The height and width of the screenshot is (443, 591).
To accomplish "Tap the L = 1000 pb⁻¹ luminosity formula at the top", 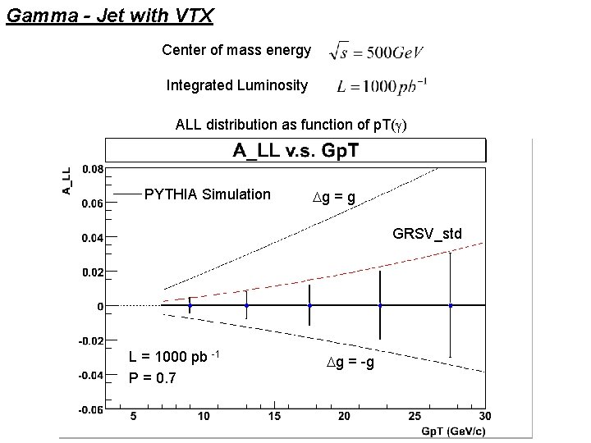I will pyautogui.click(x=382, y=85).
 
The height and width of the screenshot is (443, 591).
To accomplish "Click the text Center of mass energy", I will pyautogui.click(x=236, y=51).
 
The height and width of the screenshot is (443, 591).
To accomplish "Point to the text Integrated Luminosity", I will pyautogui.click(x=237, y=85).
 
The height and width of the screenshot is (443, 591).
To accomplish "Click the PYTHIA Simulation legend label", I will pyautogui.click(x=207, y=194).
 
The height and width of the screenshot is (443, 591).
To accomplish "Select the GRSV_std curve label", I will pyautogui.click(x=427, y=234).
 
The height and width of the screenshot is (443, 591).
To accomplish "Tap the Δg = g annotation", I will pyautogui.click(x=334, y=197).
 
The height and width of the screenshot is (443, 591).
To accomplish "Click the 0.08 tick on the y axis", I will pyautogui.click(x=93, y=170).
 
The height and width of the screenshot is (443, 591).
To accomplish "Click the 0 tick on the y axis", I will pyautogui.click(x=100, y=306).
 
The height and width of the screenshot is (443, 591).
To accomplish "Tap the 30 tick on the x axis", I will pyautogui.click(x=485, y=417).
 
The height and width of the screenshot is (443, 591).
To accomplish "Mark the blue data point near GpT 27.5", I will pyautogui.click(x=451, y=305).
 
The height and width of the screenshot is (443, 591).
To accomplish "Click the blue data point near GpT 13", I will pyautogui.click(x=246, y=305).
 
